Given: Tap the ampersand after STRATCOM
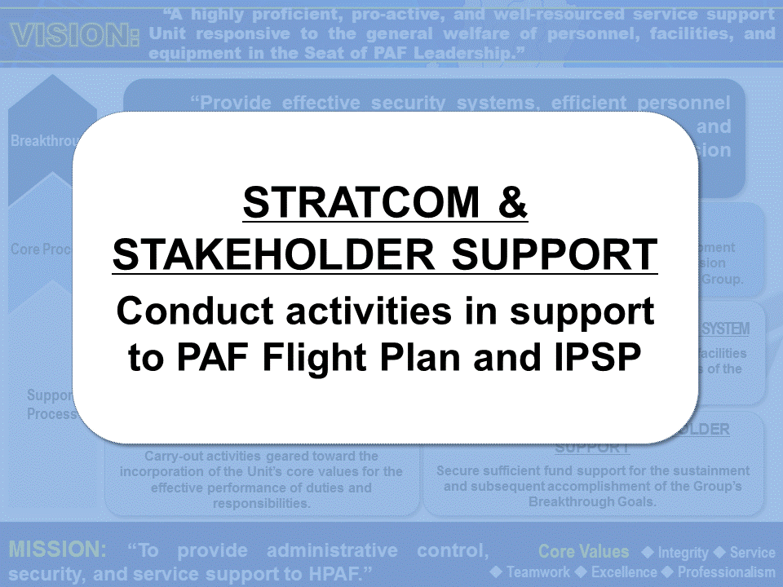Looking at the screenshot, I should [511, 203].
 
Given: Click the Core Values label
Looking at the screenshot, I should [584, 552].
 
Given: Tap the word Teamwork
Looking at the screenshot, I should [538, 572].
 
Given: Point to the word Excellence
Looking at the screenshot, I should [625, 572].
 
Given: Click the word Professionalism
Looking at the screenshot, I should [727, 572].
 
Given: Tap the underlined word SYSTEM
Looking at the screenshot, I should [726, 329].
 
